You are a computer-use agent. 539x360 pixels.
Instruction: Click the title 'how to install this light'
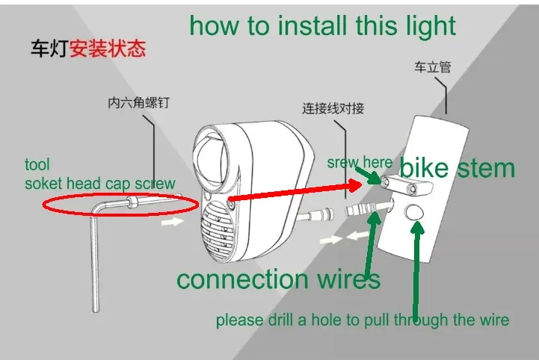point(322,25)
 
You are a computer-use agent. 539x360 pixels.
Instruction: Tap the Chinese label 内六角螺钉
point(138,103)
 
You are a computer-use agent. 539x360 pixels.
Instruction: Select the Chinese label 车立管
point(432,67)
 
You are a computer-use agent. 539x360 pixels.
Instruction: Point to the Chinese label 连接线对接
point(333,108)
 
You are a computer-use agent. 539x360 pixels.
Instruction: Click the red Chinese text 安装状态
point(108,49)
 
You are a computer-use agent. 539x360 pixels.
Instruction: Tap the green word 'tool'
point(37,164)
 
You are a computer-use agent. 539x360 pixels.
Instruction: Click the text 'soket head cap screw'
point(100,184)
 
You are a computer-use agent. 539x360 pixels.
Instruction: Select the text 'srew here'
point(360,163)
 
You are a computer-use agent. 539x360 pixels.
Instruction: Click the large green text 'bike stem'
point(457,168)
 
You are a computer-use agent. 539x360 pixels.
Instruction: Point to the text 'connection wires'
point(278,279)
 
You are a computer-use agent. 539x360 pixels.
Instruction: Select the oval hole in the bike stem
point(414,212)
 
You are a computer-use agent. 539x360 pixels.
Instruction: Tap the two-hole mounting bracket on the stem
point(407,184)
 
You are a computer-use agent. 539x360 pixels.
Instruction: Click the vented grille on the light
point(218,231)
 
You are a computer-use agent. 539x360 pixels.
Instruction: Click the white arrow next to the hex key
point(173,222)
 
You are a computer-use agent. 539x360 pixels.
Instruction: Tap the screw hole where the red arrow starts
point(231,205)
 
